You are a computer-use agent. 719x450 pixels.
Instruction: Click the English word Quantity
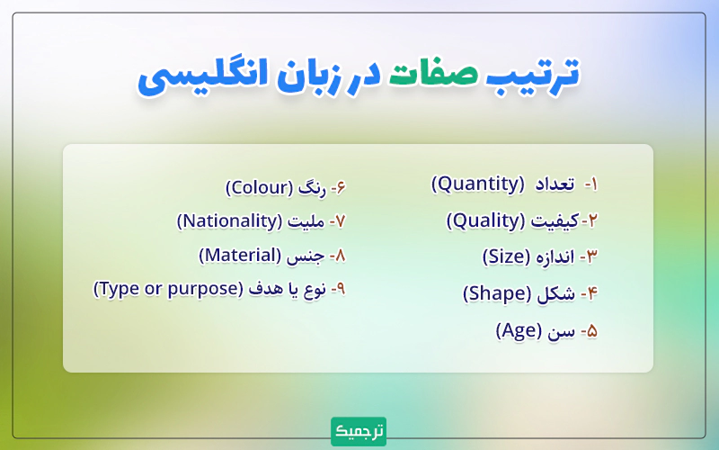[477, 184]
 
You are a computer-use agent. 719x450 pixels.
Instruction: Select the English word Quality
[484, 220]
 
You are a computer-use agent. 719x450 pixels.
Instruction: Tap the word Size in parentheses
[509, 256]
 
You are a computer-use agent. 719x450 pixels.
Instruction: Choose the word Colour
[259, 188]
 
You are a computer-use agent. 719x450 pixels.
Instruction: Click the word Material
[249, 255]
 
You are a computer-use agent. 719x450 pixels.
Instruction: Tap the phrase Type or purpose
[168, 289]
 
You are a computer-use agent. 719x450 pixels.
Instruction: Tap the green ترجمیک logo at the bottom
[359, 430]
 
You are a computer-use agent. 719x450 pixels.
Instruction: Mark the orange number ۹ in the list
[341, 290]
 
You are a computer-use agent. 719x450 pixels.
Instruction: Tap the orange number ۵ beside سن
[590, 331]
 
